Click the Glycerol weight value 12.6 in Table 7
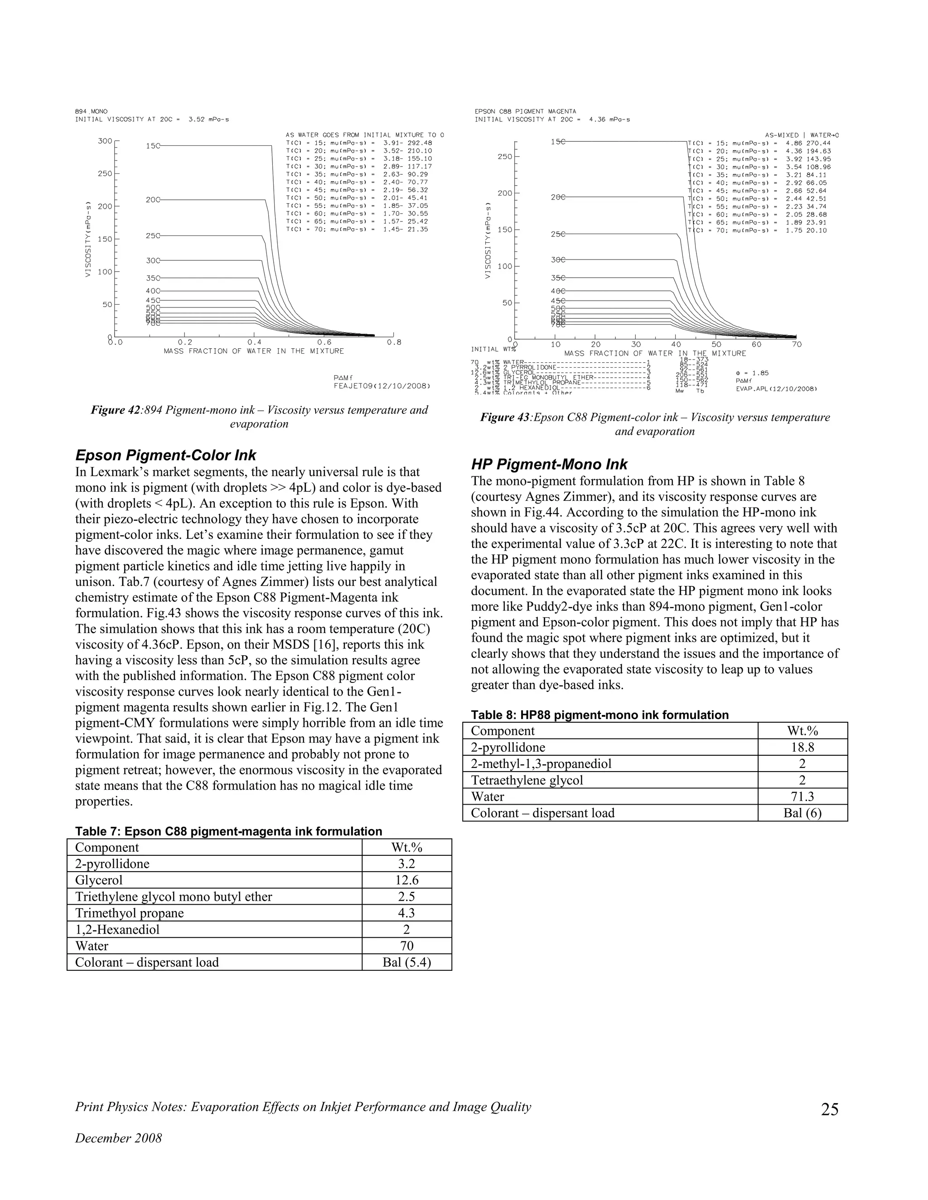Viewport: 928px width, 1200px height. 406,880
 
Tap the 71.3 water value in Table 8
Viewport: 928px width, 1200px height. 802,797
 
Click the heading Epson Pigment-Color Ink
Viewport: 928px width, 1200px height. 165,456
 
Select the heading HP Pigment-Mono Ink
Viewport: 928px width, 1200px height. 549,464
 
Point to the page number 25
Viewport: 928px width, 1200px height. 830,1109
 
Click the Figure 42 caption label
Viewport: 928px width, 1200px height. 116,410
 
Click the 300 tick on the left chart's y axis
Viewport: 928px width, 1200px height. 105,141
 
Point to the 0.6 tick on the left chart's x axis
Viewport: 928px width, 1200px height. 324,342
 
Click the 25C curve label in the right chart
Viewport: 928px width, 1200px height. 557,234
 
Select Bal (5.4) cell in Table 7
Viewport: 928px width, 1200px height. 406,963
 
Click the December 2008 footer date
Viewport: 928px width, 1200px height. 118,1138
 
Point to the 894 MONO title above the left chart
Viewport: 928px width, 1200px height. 91,111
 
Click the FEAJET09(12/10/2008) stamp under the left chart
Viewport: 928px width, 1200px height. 381,386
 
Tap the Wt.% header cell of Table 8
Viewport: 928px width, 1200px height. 802,731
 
